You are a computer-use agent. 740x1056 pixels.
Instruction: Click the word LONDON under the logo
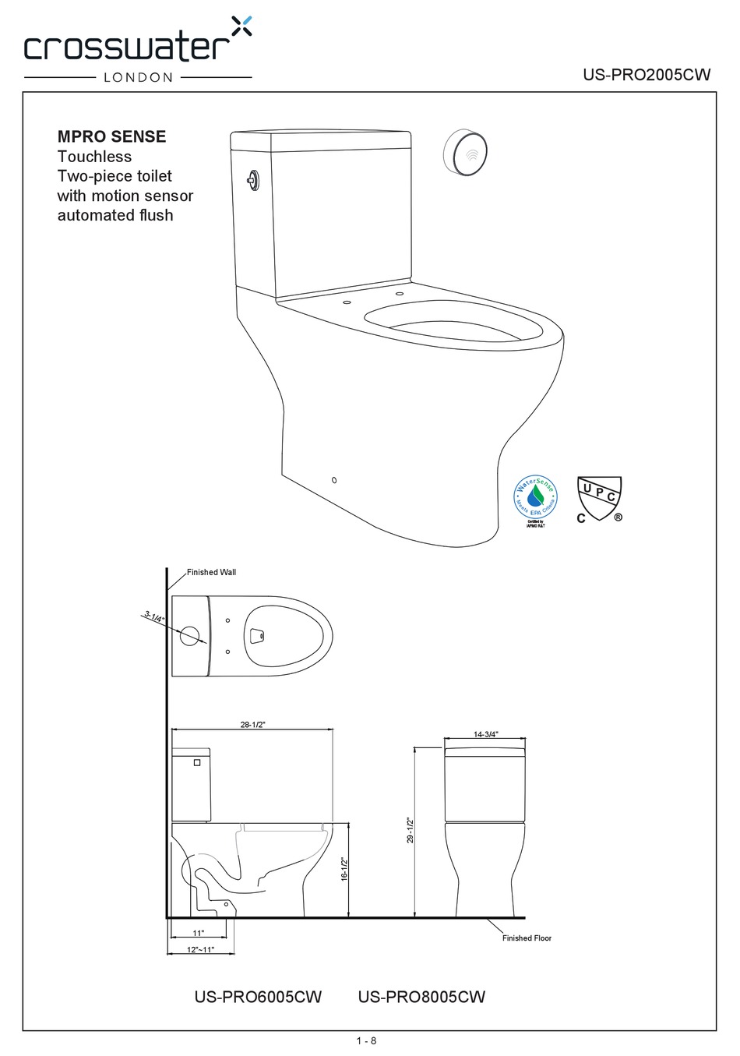pos(138,77)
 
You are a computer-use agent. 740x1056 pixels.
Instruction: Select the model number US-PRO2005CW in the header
pos(647,75)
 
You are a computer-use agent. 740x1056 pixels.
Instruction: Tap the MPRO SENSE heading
pos(111,136)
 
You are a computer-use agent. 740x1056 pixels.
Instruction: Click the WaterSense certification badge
pos(535,499)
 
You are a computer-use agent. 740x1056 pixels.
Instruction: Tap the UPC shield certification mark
pos(598,500)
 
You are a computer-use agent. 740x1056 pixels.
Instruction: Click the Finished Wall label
pos(211,572)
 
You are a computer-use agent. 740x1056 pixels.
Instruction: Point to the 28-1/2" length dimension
pos(252,725)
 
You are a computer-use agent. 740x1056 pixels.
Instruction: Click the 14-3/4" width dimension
pos(485,734)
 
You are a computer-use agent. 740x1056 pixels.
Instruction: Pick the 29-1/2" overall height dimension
pos(410,830)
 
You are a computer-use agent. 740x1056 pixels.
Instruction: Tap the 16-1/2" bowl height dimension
pos(344,868)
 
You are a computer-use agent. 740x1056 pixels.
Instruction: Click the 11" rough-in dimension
pos(198,933)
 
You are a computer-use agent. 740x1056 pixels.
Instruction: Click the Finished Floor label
pos(526,938)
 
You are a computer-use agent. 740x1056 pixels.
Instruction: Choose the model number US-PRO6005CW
pos(257,997)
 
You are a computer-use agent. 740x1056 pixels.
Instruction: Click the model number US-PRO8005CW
pos(421,997)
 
